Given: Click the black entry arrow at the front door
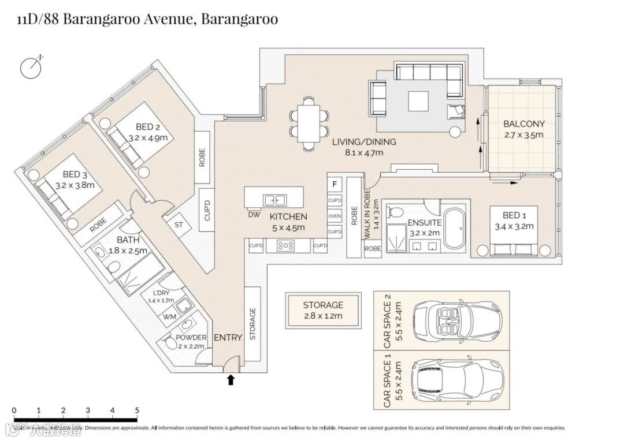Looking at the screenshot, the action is (231, 380).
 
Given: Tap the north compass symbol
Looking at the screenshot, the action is (32, 67).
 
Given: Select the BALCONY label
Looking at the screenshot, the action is (523, 124).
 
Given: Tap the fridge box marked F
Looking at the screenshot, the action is (334, 185).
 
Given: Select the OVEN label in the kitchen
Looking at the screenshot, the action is (335, 216).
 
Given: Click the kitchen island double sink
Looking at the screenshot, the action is (274, 200).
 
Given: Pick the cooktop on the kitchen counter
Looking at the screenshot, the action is (285, 245).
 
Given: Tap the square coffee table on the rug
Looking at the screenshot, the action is (419, 102).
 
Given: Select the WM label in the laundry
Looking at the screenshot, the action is (170, 317).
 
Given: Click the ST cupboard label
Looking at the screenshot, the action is (179, 225).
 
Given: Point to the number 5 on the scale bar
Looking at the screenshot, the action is (137, 410).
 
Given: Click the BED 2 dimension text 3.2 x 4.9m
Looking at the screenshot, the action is (148, 138).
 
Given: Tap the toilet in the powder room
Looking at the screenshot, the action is (170, 343).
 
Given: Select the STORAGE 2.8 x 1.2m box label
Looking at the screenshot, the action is (323, 310).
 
